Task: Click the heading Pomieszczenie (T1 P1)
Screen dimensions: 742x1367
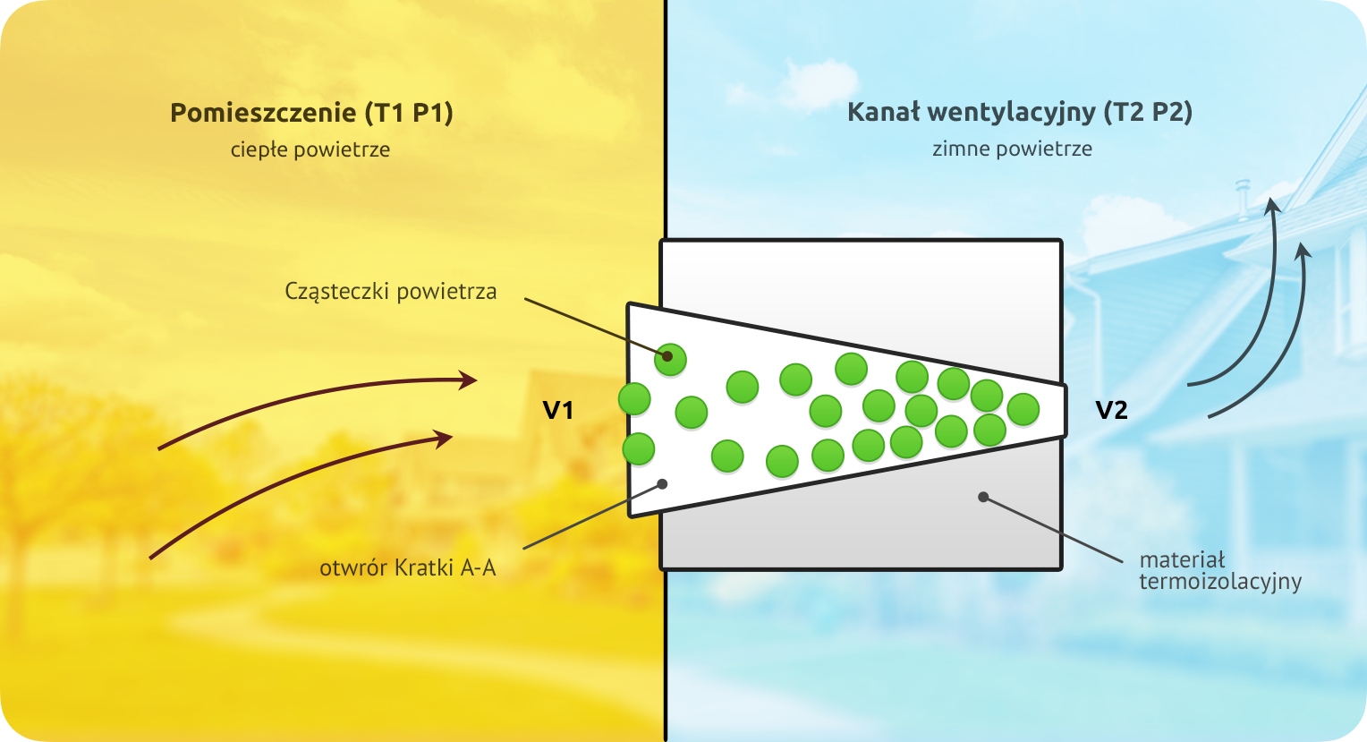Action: [x=311, y=113]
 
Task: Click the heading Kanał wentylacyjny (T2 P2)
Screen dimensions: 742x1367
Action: [x=1019, y=112]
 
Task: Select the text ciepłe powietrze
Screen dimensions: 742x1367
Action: [x=310, y=149]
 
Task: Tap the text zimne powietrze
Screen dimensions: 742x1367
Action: [x=1012, y=149]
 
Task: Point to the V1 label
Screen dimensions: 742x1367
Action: [x=558, y=410]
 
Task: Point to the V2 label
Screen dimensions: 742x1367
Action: [x=1111, y=410]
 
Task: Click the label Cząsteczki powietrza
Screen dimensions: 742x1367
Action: [x=390, y=292]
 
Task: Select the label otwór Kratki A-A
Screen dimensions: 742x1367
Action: [x=407, y=567]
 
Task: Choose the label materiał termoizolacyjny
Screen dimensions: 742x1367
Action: [x=1219, y=571]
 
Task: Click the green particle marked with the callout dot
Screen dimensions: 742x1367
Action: [x=669, y=359]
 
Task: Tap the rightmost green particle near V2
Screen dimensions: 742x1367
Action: [x=1023, y=409]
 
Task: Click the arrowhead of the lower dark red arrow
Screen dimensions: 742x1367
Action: [x=444, y=438]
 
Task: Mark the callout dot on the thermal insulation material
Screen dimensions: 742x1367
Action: [x=983, y=497]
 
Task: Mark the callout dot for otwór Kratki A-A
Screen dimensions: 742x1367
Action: [x=663, y=483]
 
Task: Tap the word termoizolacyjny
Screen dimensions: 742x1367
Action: [x=1219, y=582]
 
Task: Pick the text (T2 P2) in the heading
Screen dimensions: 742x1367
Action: [x=1148, y=112]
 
